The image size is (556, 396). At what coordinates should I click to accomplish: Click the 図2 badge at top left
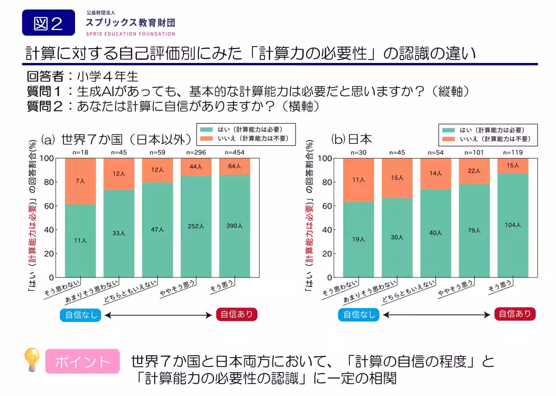48,23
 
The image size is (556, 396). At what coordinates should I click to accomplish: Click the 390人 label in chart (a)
234,226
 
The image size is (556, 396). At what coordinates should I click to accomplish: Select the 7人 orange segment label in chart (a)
80,181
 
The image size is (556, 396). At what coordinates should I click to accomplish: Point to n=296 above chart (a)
196,152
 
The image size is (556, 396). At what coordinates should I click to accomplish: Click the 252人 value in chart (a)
196,226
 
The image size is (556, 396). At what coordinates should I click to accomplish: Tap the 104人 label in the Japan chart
512,225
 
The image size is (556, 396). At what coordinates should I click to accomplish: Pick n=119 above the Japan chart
513,152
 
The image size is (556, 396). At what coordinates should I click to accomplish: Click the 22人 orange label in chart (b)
474,171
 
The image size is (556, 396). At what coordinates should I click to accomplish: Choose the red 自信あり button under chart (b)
515,314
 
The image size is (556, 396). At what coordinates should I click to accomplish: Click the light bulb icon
32,360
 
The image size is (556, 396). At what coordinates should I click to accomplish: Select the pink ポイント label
82,361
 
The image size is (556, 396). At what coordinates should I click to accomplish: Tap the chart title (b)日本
352,139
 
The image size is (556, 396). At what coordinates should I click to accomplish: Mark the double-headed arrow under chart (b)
437,315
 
